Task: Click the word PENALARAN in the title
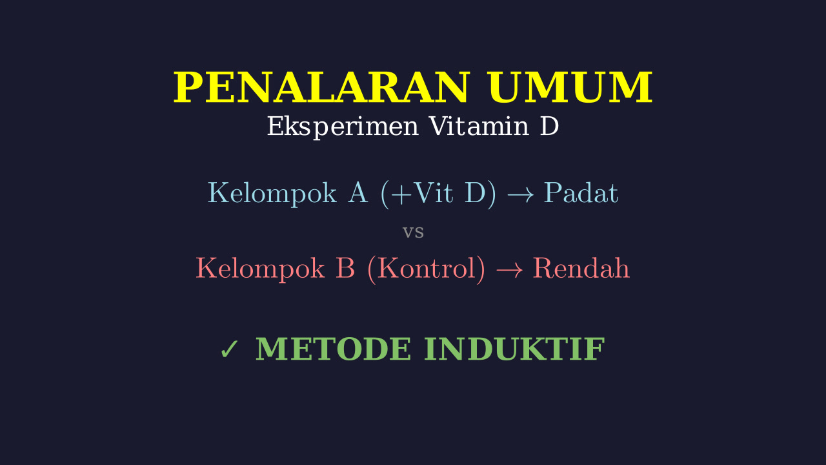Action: (321, 87)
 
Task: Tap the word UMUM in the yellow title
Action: (570, 87)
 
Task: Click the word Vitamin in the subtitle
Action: (479, 126)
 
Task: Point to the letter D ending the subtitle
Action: (549, 126)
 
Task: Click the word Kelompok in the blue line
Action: (272, 193)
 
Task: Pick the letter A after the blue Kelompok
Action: (358, 192)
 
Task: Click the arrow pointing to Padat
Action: (520, 194)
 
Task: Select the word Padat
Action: (581, 192)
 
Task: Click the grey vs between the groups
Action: (413, 232)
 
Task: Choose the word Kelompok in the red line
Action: (260, 269)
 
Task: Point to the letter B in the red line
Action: (345, 268)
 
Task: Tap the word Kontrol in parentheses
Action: (427, 268)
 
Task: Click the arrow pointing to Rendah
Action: (509, 269)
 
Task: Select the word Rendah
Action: (581, 268)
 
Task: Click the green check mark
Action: (229, 349)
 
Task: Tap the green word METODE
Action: (333, 349)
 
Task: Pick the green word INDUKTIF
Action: (514, 349)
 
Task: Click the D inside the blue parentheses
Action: (475, 192)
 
